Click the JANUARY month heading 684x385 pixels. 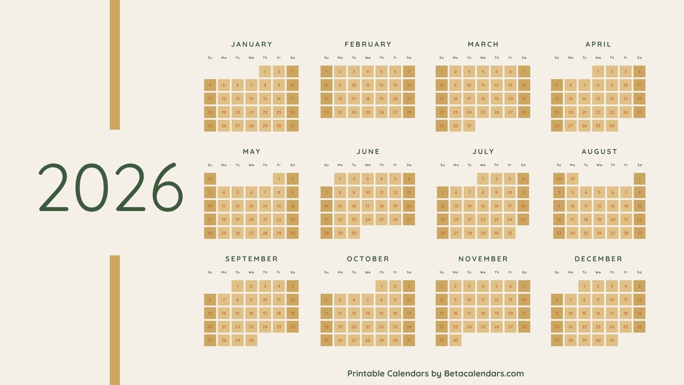[252, 44]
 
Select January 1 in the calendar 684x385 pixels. [265, 72]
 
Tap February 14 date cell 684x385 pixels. [409, 85]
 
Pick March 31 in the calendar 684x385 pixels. [469, 126]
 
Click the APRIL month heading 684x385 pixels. [598, 44]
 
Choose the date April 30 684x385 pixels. [612, 126]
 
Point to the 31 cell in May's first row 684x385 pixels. [210, 179]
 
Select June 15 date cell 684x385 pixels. [340, 206]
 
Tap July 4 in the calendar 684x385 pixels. [523, 179]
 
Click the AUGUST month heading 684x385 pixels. [599, 152]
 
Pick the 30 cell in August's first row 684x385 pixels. [559, 179]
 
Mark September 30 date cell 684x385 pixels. [251, 340]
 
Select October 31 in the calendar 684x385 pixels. [409, 340]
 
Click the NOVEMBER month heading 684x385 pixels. [483, 259]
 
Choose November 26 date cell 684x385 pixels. [497, 327]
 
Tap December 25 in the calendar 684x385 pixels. [626, 327]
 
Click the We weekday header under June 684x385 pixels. [368, 165]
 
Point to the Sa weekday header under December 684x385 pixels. [639, 272]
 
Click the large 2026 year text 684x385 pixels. [111, 188]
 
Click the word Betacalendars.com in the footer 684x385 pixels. [484, 374]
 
